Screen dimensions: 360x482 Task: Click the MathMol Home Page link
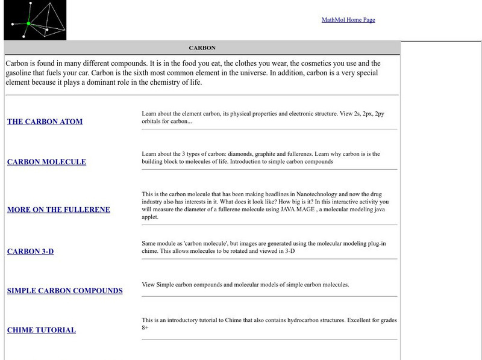348,20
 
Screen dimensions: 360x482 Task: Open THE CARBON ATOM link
45,122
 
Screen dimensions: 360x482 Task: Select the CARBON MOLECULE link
46,162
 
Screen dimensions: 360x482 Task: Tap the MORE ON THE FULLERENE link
58,210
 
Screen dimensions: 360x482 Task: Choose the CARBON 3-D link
30,251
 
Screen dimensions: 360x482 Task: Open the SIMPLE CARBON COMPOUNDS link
64,291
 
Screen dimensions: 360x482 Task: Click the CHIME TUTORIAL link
41,330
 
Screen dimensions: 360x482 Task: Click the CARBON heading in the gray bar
202,48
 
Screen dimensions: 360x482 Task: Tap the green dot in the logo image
28,23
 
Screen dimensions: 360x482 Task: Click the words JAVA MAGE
307,209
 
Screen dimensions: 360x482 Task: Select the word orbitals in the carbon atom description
154,121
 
